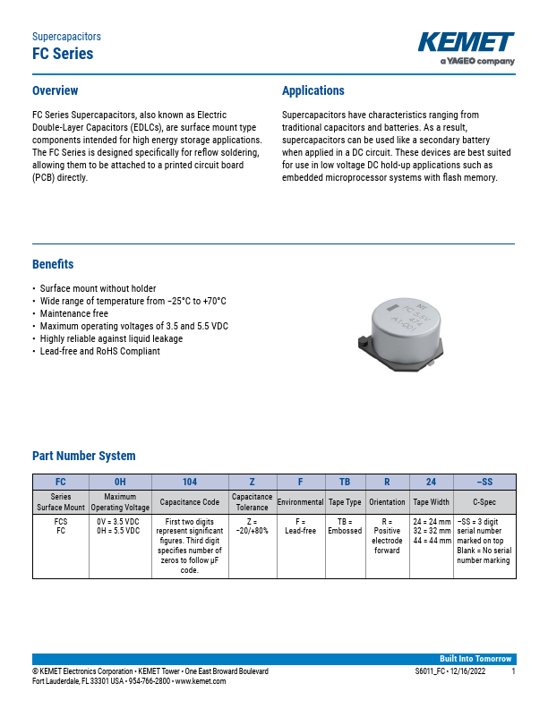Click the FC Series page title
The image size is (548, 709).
coord(63,54)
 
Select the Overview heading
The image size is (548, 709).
coord(55,90)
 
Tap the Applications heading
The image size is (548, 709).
coord(313,90)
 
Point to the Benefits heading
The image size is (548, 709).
coord(53,264)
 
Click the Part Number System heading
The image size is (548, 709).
coord(84,456)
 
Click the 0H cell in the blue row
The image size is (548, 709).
coord(120,482)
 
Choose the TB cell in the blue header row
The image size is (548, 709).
coord(345,482)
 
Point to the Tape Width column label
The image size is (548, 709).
coord(432,502)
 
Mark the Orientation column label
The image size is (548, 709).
coord(387,502)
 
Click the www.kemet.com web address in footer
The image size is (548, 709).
coord(201,681)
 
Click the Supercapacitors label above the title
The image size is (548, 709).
coord(66,37)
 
